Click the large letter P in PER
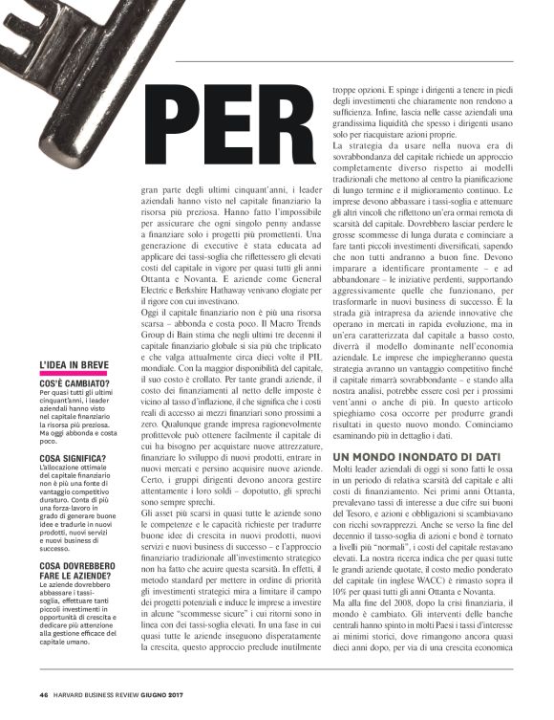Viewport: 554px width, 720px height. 178,123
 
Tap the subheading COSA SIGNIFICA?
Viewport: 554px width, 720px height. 73,459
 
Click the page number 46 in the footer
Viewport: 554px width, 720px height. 43,694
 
